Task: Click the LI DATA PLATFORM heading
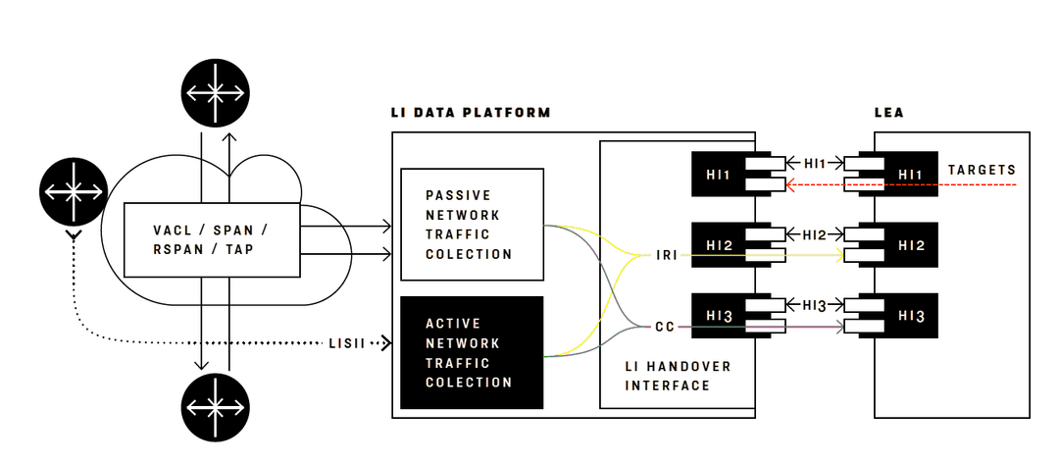click(x=471, y=113)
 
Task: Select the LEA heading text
click(x=888, y=113)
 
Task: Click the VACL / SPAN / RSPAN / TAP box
click(x=212, y=239)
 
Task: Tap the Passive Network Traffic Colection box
click(x=472, y=225)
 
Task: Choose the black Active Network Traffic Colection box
click(x=472, y=352)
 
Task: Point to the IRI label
click(x=667, y=256)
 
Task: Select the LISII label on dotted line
click(x=348, y=343)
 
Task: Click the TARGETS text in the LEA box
click(x=982, y=170)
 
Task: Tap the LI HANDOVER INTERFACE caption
click(x=678, y=376)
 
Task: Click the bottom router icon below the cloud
click(x=215, y=406)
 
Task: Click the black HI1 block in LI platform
click(x=719, y=174)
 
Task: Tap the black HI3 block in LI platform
click(x=719, y=316)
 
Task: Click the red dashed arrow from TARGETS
click(x=902, y=184)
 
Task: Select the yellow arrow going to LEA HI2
click(x=765, y=256)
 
